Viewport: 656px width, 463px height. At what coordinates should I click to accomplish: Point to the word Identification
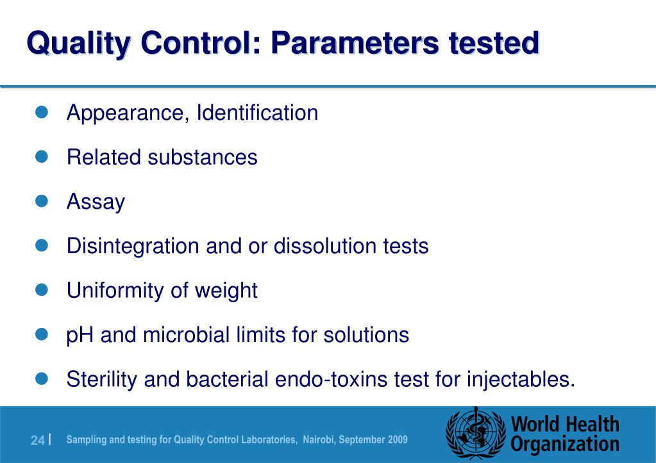tap(257, 113)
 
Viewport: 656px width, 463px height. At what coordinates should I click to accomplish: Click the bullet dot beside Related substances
tap(42, 157)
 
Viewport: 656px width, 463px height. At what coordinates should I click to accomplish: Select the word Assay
tap(96, 202)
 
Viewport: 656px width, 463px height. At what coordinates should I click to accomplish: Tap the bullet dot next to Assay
tap(42, 202)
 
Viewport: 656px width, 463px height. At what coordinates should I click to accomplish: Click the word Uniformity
tap(115, 291)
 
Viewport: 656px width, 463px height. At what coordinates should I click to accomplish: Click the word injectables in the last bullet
tap(518, 380)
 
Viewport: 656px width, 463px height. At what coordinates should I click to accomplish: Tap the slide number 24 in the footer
tap(37, 441)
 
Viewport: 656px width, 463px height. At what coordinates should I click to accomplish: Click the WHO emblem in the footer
tap(475, 434)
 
